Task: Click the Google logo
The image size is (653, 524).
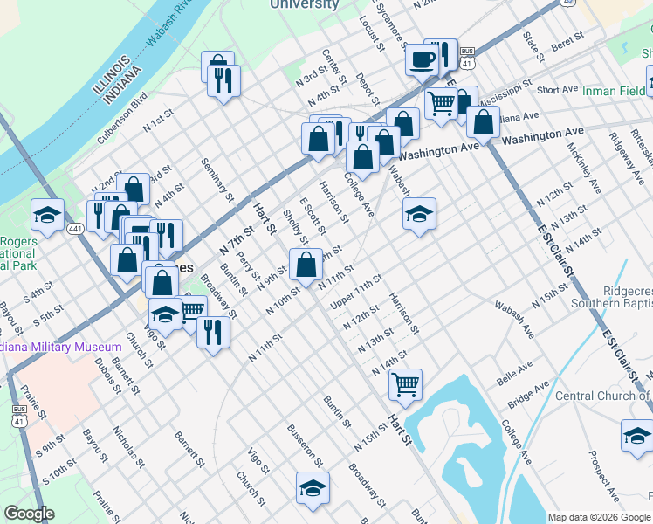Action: (x=28, y=514)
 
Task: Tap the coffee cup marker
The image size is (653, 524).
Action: (x=423, y=60)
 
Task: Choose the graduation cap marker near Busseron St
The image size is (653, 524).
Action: (x=313, y=489)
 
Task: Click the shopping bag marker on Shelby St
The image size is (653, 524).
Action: (x=306, y=263)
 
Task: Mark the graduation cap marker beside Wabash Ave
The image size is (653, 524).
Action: (x=420, y=213)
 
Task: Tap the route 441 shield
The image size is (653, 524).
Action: (x=76, y=229)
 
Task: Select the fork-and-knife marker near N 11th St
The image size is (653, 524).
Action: (x=213, y=332)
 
